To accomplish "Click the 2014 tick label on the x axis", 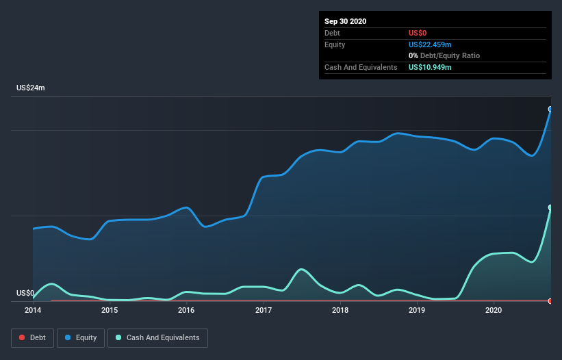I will pyautogui.click(x=33, y=310).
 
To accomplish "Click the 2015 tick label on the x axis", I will pyautogui.click(x=110, y=310).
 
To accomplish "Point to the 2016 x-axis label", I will pyautogui.click(x=186, y=310).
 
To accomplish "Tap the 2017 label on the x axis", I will pyautogui.click(x=264, y=310).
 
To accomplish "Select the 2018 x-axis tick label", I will pyautogui.click(x=340, y=310).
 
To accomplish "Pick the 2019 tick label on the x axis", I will pyautogui.click(x=417, y=310).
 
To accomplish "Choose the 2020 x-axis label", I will pyautogui.click(x=494, y=310).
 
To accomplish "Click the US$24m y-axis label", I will pyautogui.click(x=30, y=88).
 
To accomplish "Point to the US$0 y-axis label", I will pyautogui.click(x=25, y=293).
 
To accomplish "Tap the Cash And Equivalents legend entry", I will pyautogui.click(x=157, y=337).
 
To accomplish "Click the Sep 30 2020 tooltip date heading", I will pyautogui.click(x=346, y=21).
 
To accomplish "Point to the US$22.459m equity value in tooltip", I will pyautogui.click(x=430, y=44).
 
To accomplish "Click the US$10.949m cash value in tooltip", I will pyautogui.click(x=430, y=67).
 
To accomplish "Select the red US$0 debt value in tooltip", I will pyautogui.click(x=418, y=33).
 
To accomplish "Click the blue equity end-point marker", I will pyautogui.click(x=550, y=109).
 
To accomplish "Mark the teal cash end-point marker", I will pyautogui.click(x=550, y=207).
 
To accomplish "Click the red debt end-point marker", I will pyautogui.click(x=550, y=300).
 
